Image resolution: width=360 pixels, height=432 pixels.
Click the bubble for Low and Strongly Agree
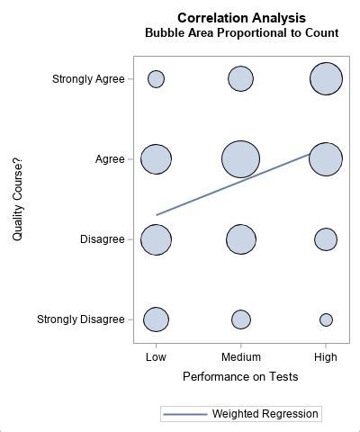156,79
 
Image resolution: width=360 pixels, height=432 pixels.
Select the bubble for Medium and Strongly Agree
240,79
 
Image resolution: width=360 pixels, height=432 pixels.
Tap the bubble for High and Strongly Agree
326,79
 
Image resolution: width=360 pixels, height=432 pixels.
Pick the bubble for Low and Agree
156,159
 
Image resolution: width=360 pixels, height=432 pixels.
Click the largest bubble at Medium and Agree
240,159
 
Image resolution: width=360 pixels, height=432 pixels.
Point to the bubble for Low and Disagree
156,239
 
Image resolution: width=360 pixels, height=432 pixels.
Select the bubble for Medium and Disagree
240,239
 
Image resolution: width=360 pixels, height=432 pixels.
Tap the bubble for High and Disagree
326,239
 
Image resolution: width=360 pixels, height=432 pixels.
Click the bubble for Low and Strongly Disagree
156,319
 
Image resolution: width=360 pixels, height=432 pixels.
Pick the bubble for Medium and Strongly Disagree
240,319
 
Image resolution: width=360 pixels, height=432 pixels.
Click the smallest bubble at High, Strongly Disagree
326,319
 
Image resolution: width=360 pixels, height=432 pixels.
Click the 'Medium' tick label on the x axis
240,357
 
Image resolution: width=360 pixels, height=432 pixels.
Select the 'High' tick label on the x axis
326,357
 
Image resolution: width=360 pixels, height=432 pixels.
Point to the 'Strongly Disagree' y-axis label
80,319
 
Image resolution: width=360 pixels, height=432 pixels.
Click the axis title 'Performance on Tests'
240,378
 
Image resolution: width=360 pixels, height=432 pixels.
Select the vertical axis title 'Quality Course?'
18,199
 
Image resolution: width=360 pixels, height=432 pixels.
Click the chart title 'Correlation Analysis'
241,18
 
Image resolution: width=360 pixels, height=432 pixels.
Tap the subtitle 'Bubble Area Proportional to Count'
241,33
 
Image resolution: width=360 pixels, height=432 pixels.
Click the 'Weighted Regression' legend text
265,414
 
